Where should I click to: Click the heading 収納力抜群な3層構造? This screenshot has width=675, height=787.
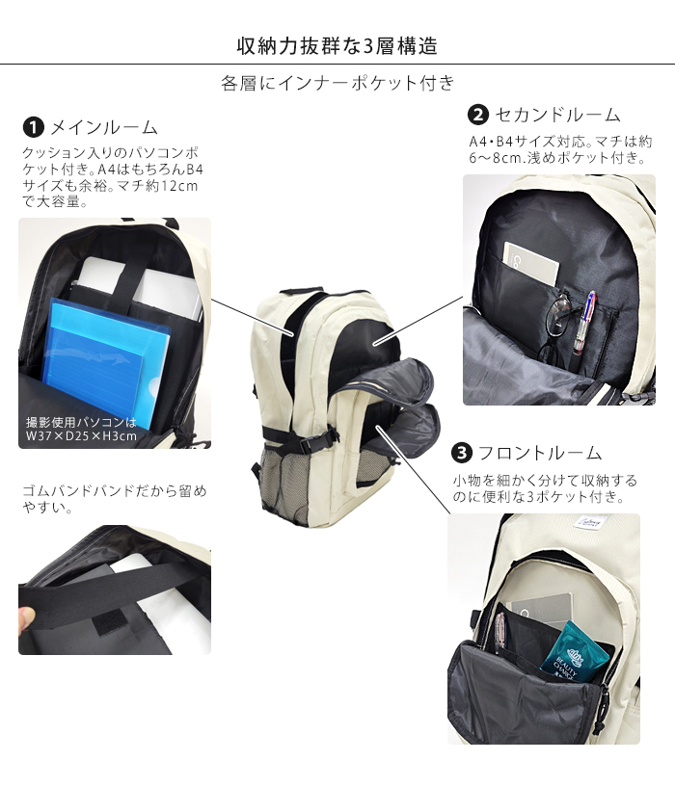(337, 45)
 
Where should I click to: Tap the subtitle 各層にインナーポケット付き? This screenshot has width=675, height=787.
(337, 83)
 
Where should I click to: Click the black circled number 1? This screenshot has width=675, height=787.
(33, 127)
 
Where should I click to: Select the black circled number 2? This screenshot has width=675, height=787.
(477, 115)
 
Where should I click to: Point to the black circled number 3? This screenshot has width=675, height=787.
(462, 453)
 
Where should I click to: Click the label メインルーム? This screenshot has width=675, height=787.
(103, 127)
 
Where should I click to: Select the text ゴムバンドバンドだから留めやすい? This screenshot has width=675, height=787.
(114, 499)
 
